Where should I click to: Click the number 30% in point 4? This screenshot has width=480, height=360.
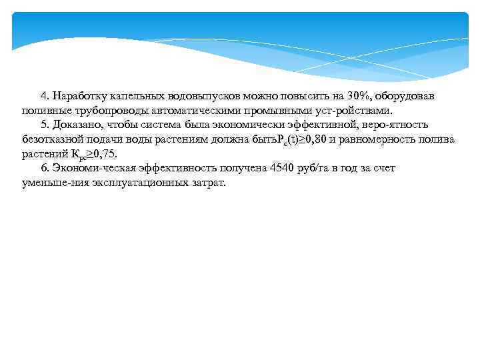(359, 96)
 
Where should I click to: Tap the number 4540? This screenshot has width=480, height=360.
(284, 168)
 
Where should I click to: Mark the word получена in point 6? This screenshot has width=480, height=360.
(238, 168)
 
